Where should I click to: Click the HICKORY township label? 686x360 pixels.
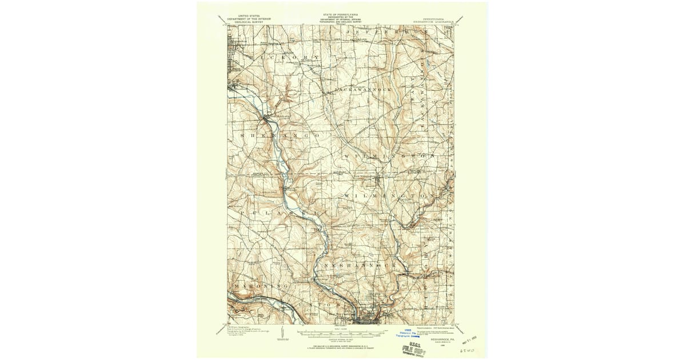278,58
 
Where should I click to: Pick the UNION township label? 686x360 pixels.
320,305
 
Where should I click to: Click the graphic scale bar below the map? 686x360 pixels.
341,332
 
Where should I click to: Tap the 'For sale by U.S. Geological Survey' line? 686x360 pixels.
341,346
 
